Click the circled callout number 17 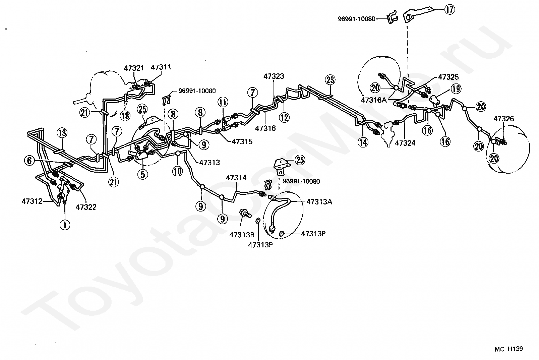pyautogui.click(x=450, y=10)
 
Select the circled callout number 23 pyautogui.click(x=330, y=80)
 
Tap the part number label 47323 pyautogui.click(x=274, y=76)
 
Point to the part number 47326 pyautogui.click(x=503, y=119)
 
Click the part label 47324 pyautogui.click(x=405, y=143)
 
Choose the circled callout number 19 pyautogui.click(x=455, y=89)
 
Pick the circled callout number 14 pyautogui.click(x=363, y=142)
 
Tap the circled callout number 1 pyautogui.click(x=65, y=225)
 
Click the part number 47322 pyautogui.click(x=86, y=207)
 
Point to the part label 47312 pyautogui.click(x=32, y=201)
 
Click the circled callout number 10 pyautogui.click(x=178, y=171)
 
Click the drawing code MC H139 pyautogui.click(x=508, y=349)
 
